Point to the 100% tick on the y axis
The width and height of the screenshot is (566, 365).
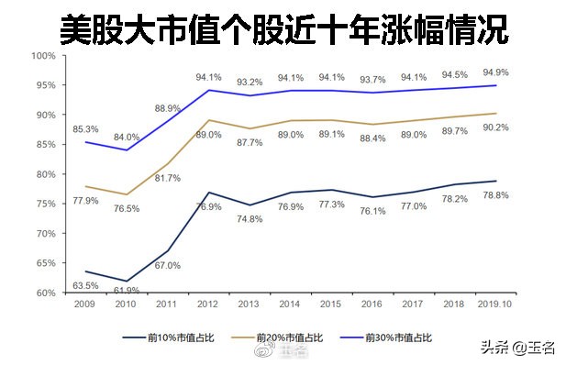(x=43, y=55)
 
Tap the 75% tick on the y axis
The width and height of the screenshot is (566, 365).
(x=43, y=204)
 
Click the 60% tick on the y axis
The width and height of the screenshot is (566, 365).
(x=43, y=293)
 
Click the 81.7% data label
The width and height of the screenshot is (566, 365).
(x=166, y=178)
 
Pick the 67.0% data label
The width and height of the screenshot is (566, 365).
(x=166, y=265)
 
